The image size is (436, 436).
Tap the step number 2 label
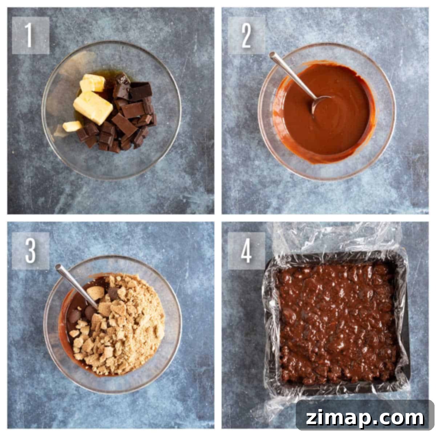pyautogui.click(x=246, y=35)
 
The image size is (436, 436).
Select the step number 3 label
pyautogui.click(x=31, y=251)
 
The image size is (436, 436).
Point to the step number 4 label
pyautogui.click(x=246, y=251)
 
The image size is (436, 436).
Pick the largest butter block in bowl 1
pyautogui.click(x=93, y=108)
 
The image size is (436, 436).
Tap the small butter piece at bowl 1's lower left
pyautogui.click(x=72, y=126)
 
